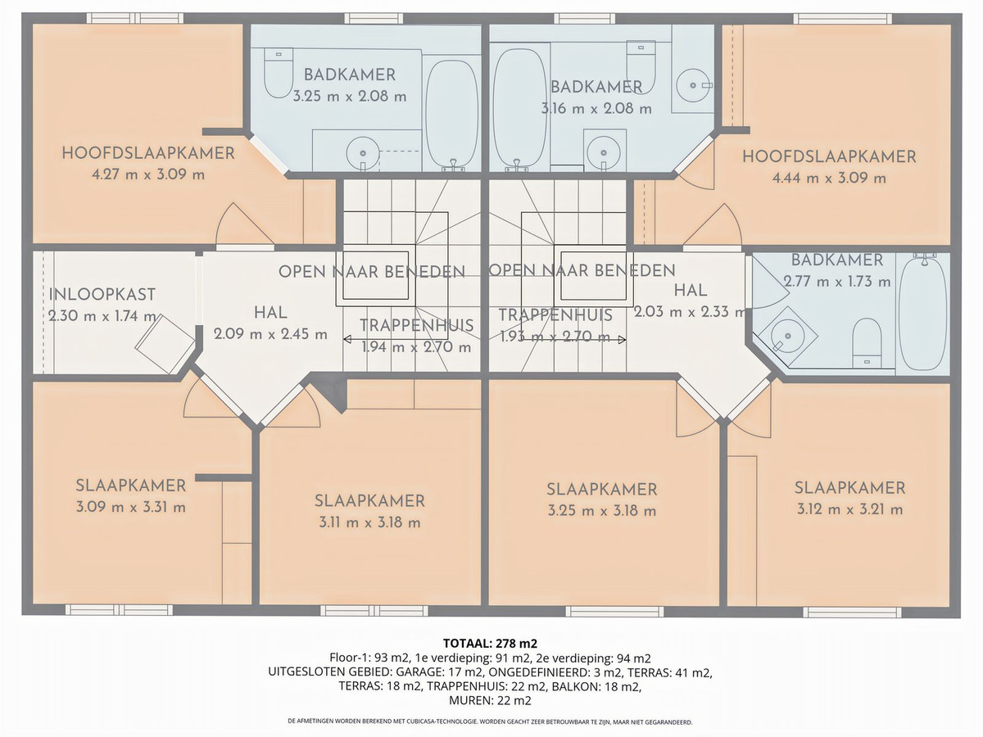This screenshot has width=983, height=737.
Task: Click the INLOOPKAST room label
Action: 102,295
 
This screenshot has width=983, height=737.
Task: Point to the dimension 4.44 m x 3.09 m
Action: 828,178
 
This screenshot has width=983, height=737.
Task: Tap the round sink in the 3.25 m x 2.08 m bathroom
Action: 360,152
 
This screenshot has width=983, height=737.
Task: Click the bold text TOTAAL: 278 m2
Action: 490,643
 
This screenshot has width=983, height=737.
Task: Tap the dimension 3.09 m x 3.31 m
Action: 131,507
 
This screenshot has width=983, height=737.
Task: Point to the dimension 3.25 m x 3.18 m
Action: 601,511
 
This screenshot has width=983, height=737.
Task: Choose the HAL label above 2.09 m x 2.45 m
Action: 270,312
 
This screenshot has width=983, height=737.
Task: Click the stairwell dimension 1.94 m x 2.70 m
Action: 417,346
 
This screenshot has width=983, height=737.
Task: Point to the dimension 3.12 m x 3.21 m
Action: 849,509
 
